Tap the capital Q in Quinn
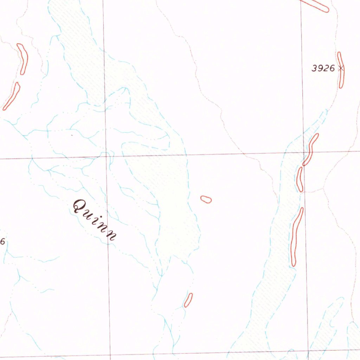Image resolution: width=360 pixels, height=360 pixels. [x=80, y=206]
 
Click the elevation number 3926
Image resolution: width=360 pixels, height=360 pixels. [x=323, y=69]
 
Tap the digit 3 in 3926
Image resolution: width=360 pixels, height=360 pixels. [x=315, y=69]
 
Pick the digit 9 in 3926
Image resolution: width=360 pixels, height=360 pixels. [x=320, y=69]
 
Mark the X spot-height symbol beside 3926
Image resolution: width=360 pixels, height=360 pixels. [x=340, y=68]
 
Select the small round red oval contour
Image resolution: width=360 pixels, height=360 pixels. [x=206, y=200]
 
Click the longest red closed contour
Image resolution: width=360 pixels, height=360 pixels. [x=297, y=236]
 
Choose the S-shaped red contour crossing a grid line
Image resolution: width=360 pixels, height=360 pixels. [x=311, y=149]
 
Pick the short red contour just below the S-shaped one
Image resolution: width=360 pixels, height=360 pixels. [x=300, y=179]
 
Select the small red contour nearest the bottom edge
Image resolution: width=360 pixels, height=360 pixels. [x=188, y=300]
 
